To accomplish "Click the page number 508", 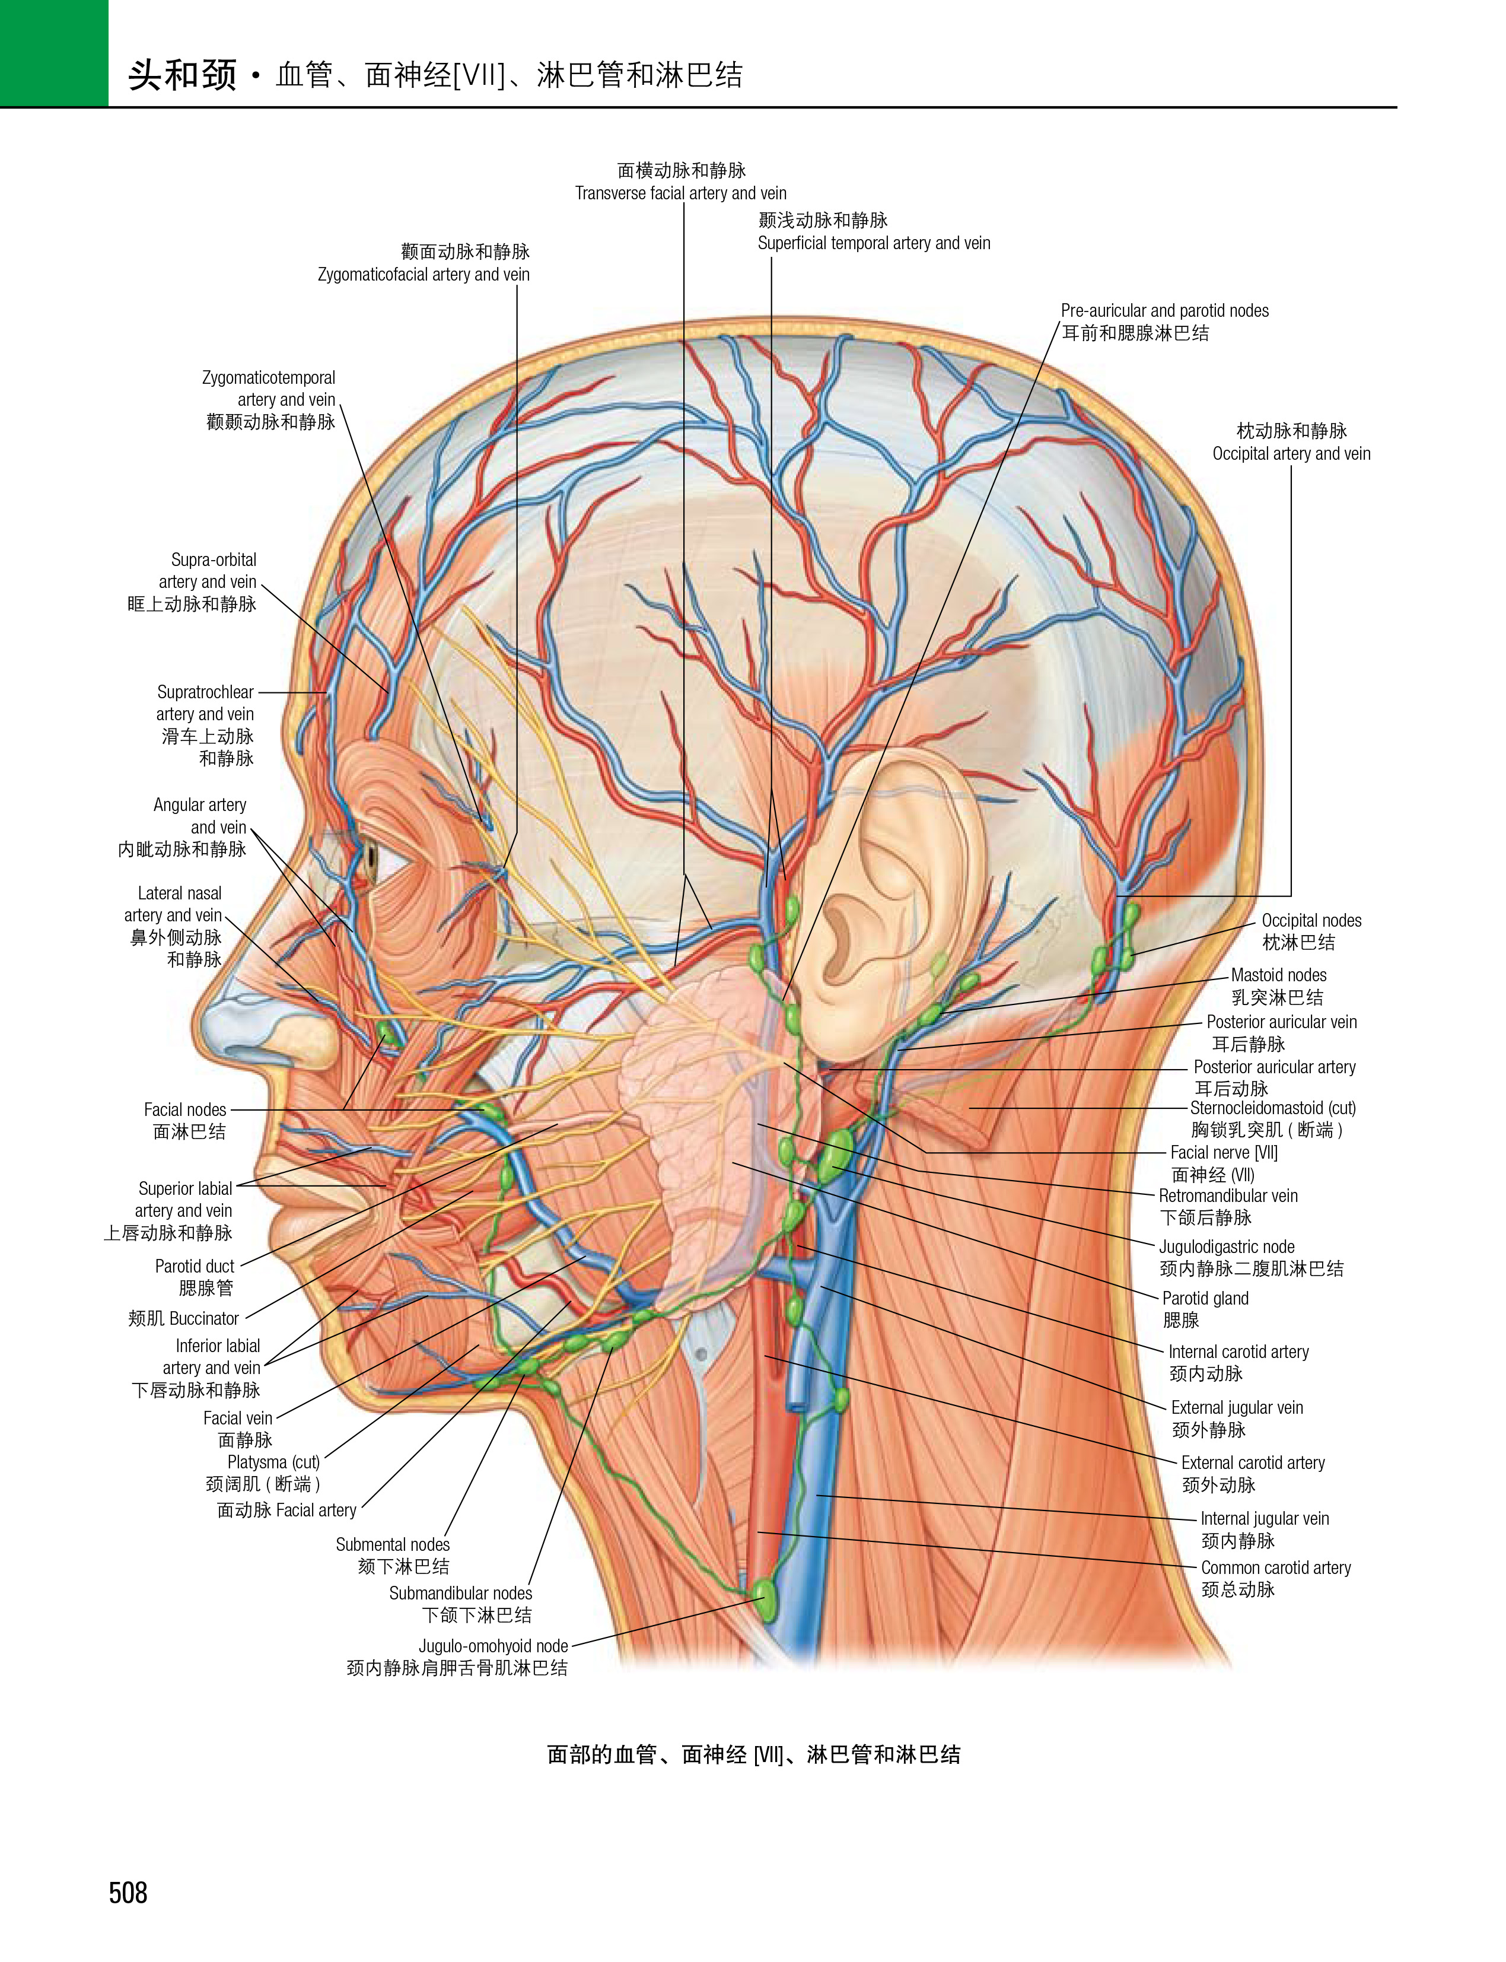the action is tap(128, 1893).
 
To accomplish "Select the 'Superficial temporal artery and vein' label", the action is tap(874, 243).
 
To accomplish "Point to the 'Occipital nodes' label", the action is tap(1311, 920).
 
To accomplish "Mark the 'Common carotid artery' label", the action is tap(1276, 1567).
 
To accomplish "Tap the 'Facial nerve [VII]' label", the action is tap(1224, 1152).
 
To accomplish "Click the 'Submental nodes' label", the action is tap(393, 1544).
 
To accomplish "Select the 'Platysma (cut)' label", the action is tap(273, 1462).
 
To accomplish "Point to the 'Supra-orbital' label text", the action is tap(214, 559).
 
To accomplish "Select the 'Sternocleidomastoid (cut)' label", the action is tap(1273, 1108).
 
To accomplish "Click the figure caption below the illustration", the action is tap(754, 1755).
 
